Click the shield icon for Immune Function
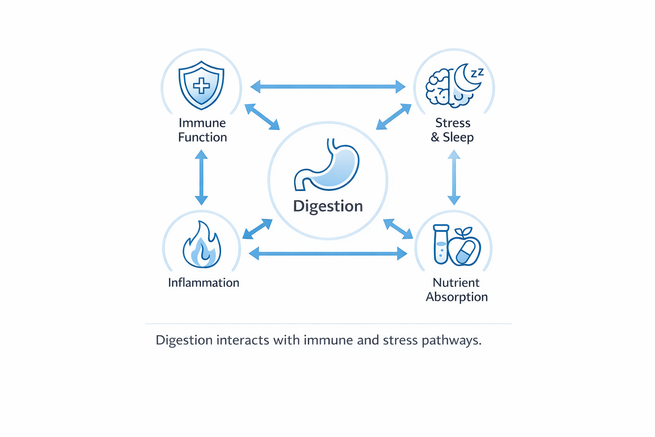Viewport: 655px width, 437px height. coord(201,85)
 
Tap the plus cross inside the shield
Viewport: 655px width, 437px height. coord(201,86)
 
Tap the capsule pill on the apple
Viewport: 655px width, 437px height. coord(466,252)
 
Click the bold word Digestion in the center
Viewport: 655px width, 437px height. coord(327,206)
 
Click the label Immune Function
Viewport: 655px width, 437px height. coord(202,130)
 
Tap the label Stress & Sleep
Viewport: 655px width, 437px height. coord(452,130)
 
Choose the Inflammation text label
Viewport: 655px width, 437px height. coord(203,283)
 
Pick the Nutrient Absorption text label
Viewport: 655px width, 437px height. coord(456,289)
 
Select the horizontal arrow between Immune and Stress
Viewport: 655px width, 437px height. coord(327,87)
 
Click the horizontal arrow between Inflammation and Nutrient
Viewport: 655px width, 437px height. coord(327,254)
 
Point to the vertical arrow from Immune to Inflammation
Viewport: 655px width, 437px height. coord(201,178)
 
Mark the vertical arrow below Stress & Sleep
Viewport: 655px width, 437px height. coord(454,178)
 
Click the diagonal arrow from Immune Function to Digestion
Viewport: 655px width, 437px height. coord(262,117)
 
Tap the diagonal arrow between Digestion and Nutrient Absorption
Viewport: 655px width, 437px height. coord(398,229)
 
